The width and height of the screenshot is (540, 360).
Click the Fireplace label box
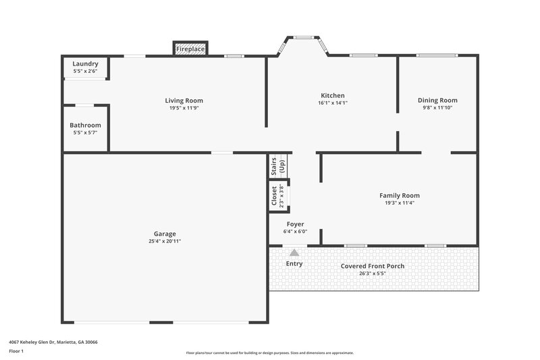190,49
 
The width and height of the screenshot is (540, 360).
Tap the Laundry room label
86,64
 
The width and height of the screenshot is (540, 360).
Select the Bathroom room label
86,125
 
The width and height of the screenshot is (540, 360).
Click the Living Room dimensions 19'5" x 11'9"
184,108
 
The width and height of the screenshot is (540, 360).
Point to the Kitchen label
332,96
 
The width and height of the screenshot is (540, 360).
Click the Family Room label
399,195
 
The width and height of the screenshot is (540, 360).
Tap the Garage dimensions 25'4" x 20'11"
165,241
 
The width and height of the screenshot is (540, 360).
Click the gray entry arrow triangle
294,252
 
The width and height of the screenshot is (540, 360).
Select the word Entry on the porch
294,263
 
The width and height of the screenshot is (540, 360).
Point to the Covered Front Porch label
373,266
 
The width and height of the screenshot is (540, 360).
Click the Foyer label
295,224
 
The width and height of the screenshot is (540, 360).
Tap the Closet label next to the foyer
274,197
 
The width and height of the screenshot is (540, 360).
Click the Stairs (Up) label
278,166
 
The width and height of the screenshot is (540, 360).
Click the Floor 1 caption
16,351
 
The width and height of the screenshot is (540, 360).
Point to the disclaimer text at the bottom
270,353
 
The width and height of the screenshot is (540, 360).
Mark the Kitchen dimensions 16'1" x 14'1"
332,103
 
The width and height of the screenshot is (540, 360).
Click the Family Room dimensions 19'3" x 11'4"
399,203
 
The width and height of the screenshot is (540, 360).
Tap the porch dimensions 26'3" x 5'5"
373,274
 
